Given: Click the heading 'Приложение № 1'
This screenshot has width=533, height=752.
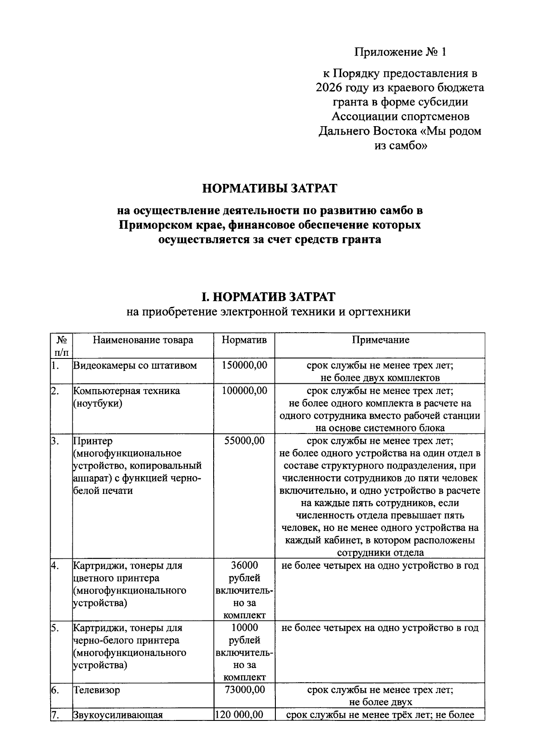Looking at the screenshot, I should click(400, 52).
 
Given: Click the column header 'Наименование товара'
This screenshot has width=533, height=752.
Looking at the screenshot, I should click(143, 340).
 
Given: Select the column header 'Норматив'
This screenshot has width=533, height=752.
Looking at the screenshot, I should click(244, 340).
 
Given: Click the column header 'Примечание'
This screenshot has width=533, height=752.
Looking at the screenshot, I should click(380, 340).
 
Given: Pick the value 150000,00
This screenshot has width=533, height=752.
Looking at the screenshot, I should click(244, 366).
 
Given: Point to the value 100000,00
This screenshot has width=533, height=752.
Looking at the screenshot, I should click(244, 391).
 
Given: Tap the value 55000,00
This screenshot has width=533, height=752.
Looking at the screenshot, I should click(244, 441).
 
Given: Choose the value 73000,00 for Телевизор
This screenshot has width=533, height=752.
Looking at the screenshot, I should click(244, 690).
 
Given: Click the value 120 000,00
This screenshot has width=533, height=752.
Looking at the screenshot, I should click(239, 715).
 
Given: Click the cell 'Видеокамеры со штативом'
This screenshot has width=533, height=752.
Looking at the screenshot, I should click(135, 366).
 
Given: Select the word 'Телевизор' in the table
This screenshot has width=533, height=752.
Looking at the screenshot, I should click(97, 690).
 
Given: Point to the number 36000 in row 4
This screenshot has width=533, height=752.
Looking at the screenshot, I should click(244, 565).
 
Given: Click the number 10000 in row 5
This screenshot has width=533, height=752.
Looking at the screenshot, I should click(244, 628).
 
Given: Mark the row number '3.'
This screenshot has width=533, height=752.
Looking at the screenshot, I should click(55, 441).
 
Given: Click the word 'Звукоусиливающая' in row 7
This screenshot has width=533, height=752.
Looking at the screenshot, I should click(118, 715).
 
